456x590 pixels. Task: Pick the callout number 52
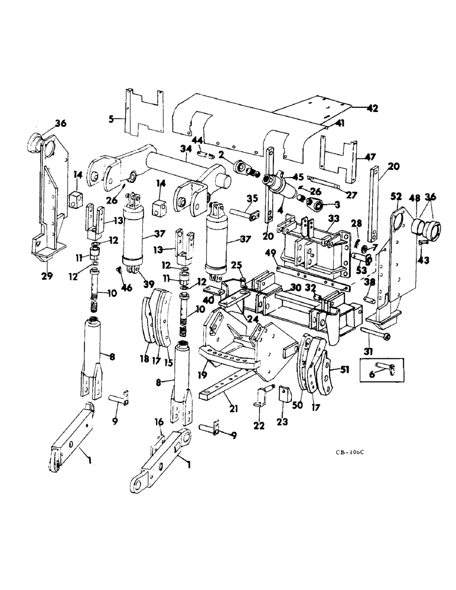[396, 196]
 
